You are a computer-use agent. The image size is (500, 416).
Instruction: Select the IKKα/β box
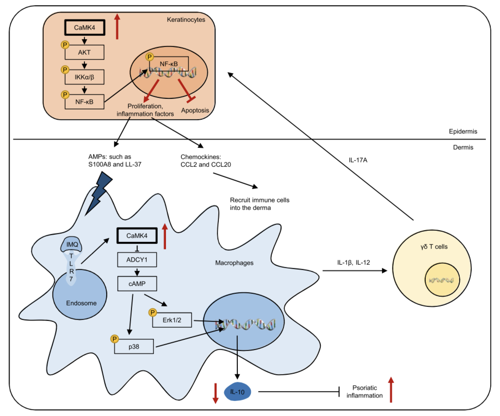click(84, 77)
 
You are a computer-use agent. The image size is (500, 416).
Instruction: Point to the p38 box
click(134, 346)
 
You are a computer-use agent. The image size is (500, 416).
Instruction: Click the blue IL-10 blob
click(237, 391)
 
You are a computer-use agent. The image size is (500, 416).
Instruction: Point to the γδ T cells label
click(434, 247)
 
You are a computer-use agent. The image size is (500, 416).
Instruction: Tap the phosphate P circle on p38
click(115, 338)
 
